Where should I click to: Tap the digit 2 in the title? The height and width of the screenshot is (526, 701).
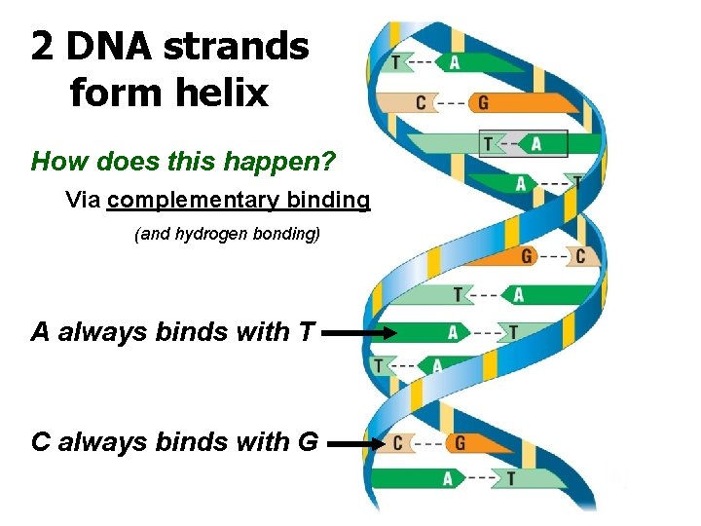(x=42, y=46)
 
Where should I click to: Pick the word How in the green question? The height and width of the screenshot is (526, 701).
(x=54, y=161)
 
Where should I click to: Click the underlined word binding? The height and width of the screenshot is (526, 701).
(x=325, y=201)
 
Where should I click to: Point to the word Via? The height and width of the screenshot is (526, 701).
(x=84, y=201)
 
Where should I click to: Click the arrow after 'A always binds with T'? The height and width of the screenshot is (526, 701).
(x=358, y=333)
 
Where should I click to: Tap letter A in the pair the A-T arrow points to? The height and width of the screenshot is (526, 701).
(x=453, y=333)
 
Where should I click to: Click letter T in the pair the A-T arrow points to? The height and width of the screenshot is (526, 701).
(x=513, y=333)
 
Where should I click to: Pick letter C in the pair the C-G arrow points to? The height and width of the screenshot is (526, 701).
(x=397, y=443)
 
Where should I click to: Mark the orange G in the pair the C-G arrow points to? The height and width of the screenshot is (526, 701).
(x=460, y=443)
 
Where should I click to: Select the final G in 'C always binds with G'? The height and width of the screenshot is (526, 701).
(x=307, y=442)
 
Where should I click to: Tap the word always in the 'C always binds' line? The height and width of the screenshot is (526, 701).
(x=95, y=442)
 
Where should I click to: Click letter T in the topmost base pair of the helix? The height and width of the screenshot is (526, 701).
(x=395, y=62)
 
